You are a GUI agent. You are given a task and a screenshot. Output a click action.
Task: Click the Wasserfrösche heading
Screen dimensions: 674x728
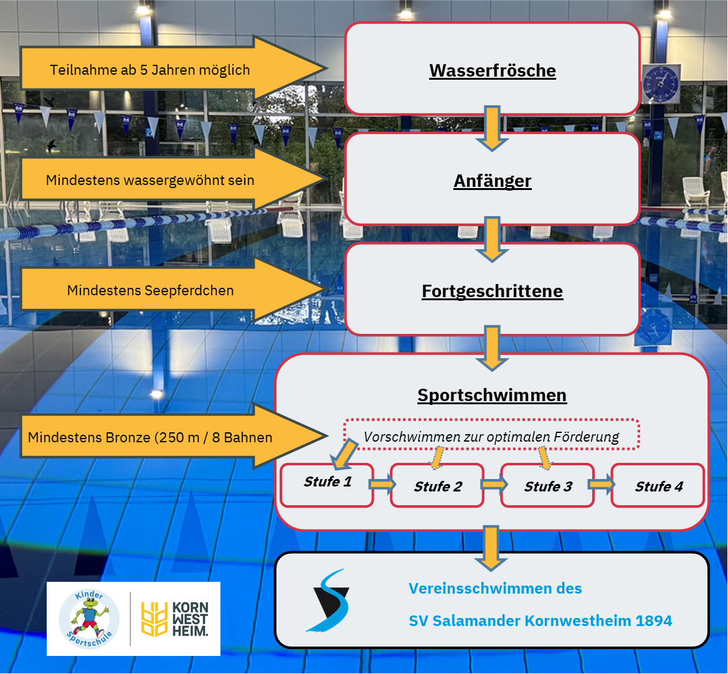(x=492, y=70)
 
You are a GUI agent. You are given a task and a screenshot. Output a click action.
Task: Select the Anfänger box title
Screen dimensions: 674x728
(x=492, y=181)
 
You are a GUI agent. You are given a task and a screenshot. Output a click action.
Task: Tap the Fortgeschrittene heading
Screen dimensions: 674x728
(x=492, y=292)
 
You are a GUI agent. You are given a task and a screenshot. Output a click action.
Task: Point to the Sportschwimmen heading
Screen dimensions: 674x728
(x=492, y=396)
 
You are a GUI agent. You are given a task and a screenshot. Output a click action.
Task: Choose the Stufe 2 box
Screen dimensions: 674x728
(x=438, y=487)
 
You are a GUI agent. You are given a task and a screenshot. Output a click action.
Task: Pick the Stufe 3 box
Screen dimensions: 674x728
(x=548, y=487)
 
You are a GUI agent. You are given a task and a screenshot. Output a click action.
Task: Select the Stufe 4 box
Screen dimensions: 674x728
(x=658, y=487)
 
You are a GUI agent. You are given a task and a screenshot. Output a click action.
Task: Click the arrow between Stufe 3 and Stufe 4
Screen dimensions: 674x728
(x=601, y=484)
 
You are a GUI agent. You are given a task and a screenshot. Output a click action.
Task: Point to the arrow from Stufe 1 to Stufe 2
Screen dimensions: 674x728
(x=381, y=484)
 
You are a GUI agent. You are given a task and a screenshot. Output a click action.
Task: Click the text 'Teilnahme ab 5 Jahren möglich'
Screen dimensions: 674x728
(x=150, y=70)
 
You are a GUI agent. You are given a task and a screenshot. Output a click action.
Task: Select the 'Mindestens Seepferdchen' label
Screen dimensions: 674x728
(x=150, y=290)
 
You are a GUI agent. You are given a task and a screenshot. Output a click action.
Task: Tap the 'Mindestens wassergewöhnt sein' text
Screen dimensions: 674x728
(x=150, y=181)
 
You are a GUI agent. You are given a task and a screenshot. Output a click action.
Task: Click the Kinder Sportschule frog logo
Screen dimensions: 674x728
(x=88, y=618)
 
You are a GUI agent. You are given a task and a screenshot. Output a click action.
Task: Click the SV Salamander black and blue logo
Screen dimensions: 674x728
(x=329, y=601)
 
